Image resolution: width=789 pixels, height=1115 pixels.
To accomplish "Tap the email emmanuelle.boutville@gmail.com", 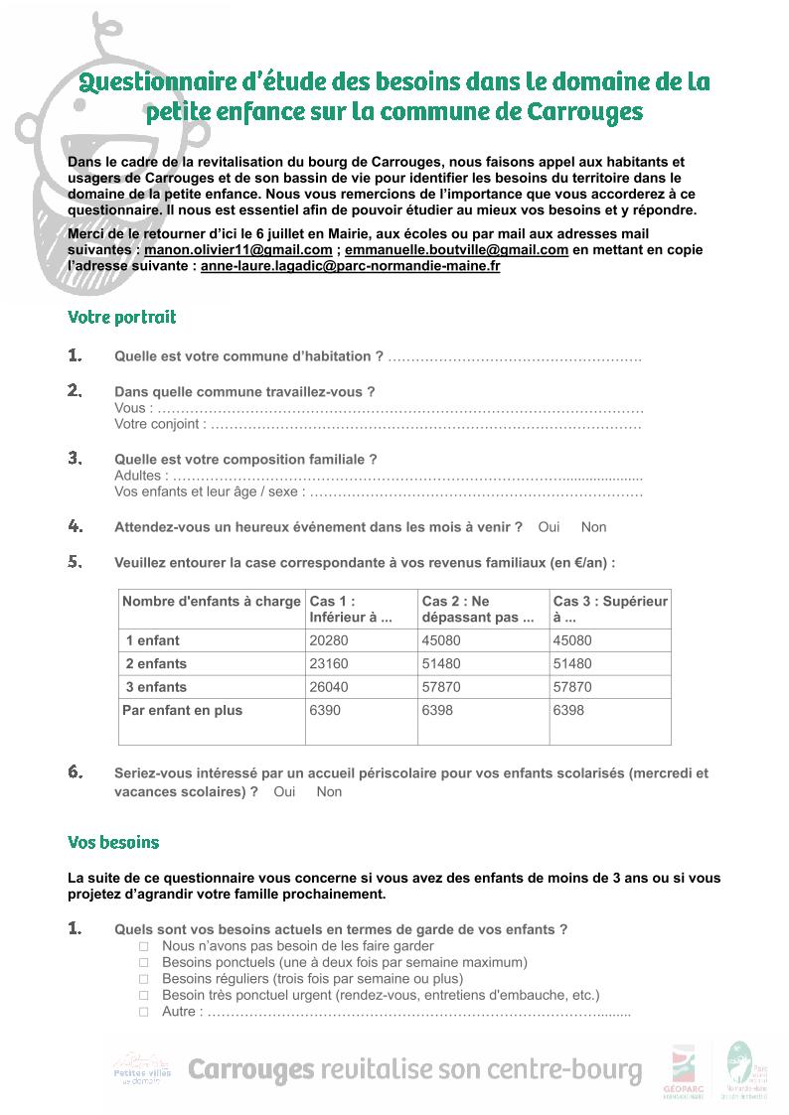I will tap(456, 250).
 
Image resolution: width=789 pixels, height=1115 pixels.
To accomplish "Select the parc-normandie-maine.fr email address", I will tap(350, 266).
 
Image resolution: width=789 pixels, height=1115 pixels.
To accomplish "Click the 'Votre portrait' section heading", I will tap(121, 318).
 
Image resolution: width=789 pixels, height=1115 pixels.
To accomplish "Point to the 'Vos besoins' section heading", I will tap(113, 842).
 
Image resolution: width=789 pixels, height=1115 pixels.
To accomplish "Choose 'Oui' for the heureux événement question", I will tap(549, 527).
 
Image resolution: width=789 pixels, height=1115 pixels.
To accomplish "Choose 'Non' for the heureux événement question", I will tap(593, 527).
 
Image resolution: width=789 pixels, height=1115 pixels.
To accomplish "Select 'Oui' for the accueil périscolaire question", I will tap(284, 791).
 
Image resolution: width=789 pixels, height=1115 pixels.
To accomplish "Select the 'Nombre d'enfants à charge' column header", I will tap(211, 601).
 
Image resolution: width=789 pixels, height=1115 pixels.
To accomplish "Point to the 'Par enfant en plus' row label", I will tap(182, 710).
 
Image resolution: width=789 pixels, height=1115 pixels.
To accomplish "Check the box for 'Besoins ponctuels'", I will tap(143, 962).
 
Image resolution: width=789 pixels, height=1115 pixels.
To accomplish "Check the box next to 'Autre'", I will tap(143, 1012).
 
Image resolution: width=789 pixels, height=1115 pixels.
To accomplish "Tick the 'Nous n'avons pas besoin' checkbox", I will tap(143, 946).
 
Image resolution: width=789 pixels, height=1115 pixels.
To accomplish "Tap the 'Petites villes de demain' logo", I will tap(142, 1070).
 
